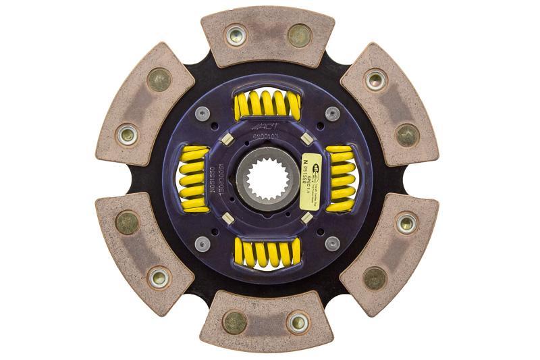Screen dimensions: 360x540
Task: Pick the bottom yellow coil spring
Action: (267, 253)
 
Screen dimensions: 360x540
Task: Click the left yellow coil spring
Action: (194, 179)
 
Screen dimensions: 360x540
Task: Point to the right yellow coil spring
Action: (340, 179)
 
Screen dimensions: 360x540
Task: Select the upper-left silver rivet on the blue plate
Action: (202, 114)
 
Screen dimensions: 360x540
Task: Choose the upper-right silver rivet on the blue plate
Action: (332, 114)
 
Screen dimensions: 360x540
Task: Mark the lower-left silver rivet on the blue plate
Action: (202, 244)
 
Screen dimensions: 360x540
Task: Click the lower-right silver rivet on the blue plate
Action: (332, 244)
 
